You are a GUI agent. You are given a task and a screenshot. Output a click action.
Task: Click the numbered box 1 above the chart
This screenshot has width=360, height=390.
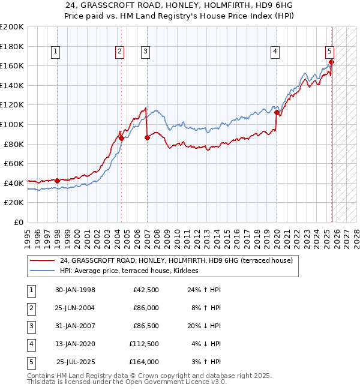tap(55, 52)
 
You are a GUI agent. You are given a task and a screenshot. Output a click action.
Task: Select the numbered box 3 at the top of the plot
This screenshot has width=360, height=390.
tap(145, 52)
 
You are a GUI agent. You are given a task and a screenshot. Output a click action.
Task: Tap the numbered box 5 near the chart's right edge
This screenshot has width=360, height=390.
tap(329, 52)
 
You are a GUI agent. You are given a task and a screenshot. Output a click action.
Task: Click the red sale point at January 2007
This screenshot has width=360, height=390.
tap(147, 137)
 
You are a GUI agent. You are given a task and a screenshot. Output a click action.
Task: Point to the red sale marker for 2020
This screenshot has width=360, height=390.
tap(277, 112)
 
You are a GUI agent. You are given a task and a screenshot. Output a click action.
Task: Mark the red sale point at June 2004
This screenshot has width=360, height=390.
tap(121, 138)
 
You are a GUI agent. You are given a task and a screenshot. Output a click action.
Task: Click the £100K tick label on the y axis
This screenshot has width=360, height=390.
tap(12, 124)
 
